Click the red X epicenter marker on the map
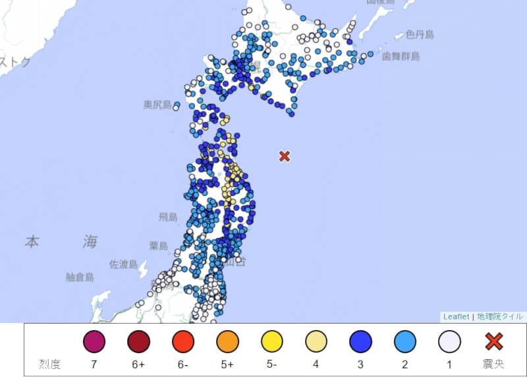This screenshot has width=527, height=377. click(285, 156)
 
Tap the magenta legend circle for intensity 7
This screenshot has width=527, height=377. click(94, 341)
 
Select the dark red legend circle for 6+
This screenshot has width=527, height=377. click(138, 341)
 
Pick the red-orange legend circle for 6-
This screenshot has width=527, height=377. click(183, 341)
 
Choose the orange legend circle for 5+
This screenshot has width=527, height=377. click(227, 341)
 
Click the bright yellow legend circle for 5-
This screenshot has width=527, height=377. click(271, 341)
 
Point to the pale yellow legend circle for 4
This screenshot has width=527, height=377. click(316, 341)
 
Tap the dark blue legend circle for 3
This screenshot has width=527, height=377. click(360, 341)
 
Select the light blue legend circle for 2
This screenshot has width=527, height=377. click(405, 341)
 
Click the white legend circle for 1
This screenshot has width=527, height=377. click(449, 341)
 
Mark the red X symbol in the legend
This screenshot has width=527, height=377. click(494, 341)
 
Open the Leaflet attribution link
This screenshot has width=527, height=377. click(456, 316)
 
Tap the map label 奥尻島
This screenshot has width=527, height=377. click(157, 105)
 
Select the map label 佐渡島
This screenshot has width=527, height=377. click(123, 264)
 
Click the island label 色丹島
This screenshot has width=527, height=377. click(419, 34)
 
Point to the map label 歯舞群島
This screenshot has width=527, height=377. click(401, 57)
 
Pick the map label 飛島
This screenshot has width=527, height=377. click(168, 217)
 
